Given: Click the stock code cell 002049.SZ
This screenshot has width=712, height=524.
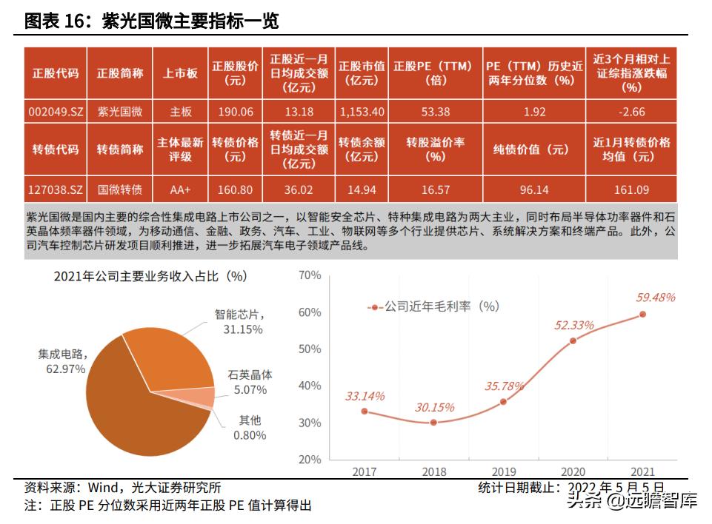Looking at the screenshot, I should [x=56, y=111].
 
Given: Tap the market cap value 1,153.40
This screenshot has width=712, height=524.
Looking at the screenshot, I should [x=362, y=111].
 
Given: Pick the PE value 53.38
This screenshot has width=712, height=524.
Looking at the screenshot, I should [x=433, y=111].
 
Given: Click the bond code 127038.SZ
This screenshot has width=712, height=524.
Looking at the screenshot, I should [x=56, y=189].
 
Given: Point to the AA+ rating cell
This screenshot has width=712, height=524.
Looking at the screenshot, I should [x=181, y=189].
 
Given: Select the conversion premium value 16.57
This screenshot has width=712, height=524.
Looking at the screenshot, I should [x=433, y=189].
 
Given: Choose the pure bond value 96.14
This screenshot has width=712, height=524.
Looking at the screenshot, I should [x=533, y=189].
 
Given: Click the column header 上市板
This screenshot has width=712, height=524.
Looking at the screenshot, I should [x=181, y=73].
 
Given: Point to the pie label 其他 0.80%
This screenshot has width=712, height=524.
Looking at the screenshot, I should [x=248, y=428].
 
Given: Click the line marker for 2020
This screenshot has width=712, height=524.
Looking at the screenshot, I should [x=573, y=340].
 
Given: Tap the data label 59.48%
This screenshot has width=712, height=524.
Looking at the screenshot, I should [x=656, y=298].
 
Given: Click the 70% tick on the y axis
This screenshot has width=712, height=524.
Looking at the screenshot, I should [x=309, y=275].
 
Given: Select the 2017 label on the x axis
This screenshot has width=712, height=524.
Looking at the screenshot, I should [x=364, y=471].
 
